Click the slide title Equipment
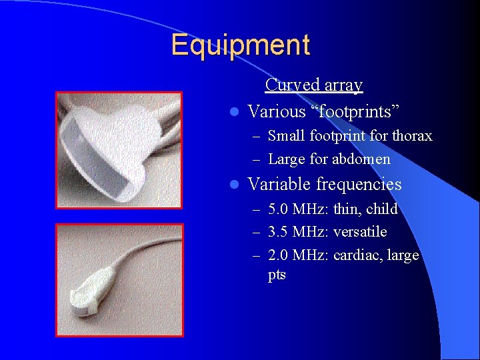click(240, 45)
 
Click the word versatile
click(360, 232)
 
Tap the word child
click(381, 209)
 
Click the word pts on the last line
click(277, 275)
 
